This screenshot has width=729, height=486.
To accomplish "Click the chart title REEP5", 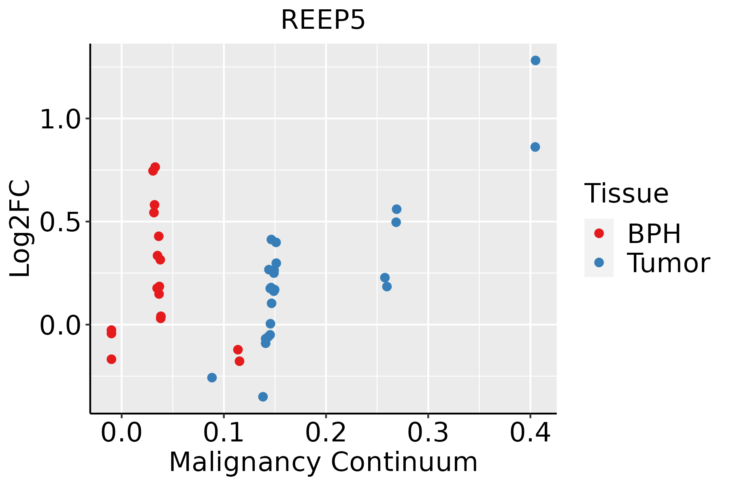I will tap(323, 20).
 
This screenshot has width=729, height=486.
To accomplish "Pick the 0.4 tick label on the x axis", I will tap(530, 433).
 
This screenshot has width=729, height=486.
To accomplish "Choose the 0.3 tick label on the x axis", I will tap(428, 433).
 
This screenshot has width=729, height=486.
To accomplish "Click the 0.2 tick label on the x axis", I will tap(326, 433).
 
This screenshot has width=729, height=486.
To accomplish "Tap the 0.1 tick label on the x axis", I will tap(224, 433).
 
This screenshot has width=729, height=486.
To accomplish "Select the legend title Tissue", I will tap(626, 194).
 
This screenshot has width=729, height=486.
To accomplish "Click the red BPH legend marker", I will tap(599, 233).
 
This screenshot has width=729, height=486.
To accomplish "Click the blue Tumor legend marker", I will tap(599, 262).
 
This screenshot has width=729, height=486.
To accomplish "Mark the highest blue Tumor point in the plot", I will tap(535, 61).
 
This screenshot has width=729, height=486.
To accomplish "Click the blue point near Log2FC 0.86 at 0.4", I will tap(535, 147).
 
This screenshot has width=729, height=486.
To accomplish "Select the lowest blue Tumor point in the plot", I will tap(263, 396).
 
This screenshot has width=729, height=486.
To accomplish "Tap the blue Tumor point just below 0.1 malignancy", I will tap(212, 377).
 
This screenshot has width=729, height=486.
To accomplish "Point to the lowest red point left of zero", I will tap(111, 359).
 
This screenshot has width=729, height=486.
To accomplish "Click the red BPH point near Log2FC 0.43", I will tap(159, 236).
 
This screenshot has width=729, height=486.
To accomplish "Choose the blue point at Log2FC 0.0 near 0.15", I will tap(270, 324).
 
